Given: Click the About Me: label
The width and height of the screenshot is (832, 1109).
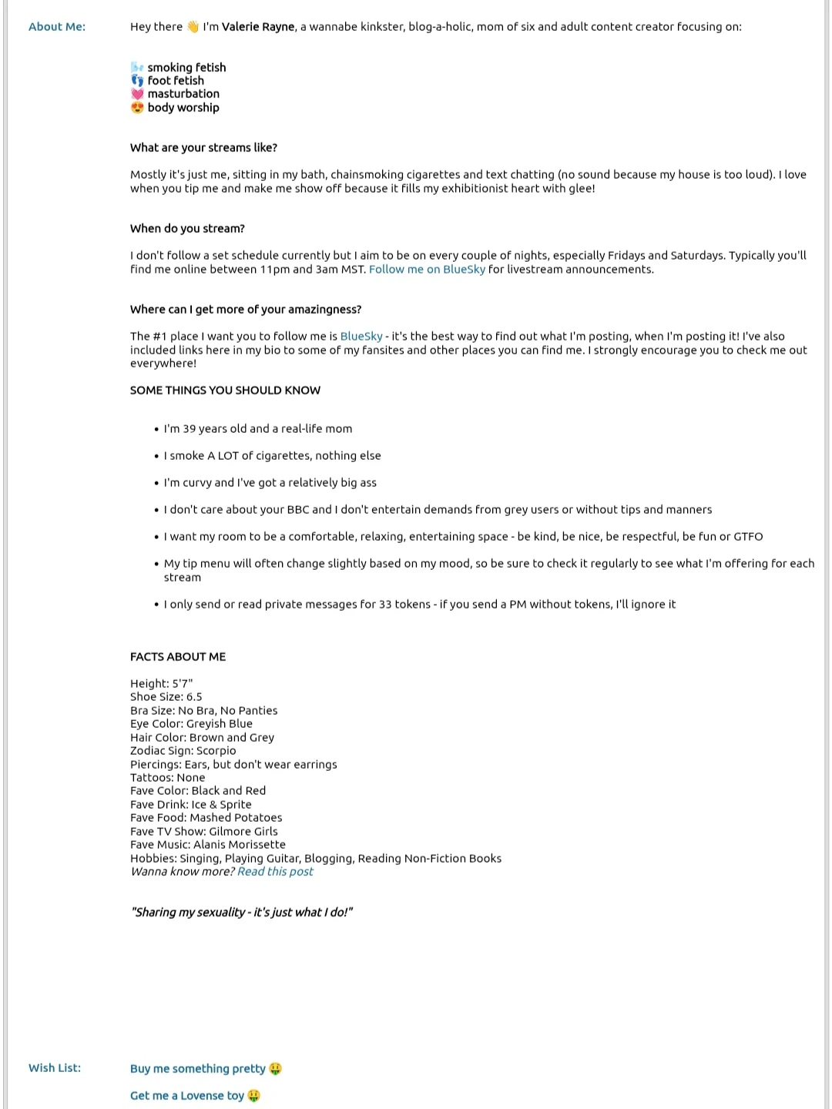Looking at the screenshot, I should tap(57, 27).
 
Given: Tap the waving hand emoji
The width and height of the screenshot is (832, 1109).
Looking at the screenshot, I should tap(193, 27).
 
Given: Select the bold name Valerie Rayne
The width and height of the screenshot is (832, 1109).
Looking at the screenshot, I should tap(258, 27).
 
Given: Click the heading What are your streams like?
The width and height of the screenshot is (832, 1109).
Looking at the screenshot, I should tap(203, 148).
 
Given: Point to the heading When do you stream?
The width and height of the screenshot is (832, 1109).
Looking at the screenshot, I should tap(187, 229).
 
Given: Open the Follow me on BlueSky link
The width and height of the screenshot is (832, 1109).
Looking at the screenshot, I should tap(427, 270).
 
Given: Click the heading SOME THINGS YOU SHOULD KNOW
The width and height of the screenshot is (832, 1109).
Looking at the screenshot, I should tap(225, 390).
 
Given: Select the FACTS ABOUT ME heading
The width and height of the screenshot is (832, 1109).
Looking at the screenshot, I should tap(178, 657).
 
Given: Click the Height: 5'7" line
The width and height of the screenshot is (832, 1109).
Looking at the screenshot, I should tap(162, 684).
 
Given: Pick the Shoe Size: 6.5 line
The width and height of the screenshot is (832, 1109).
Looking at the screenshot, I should tap(166, 697).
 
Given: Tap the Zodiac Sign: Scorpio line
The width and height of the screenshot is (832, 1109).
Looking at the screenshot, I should tap(183, 751).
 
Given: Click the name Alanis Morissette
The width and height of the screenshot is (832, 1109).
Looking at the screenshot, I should tap(240, 845).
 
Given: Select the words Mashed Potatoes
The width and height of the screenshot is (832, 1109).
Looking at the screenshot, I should tap(236, 818).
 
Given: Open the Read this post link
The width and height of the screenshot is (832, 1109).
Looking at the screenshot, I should tap(275, 872).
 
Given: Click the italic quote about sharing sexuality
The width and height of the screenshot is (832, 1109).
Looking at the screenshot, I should tap(242, 913).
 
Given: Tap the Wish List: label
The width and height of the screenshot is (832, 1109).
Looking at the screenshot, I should tap(55, 1068).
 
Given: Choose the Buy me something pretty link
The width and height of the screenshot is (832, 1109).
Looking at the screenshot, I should tap(198, 1069).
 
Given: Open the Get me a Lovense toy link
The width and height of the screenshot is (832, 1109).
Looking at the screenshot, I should tap(187, 1096).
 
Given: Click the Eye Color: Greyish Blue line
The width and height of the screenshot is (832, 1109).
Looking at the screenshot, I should tap(191, 724).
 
